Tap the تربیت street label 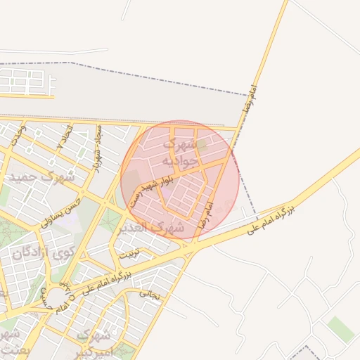(129, 252)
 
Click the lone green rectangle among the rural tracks (341, 328)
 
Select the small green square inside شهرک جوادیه (202, 146)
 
